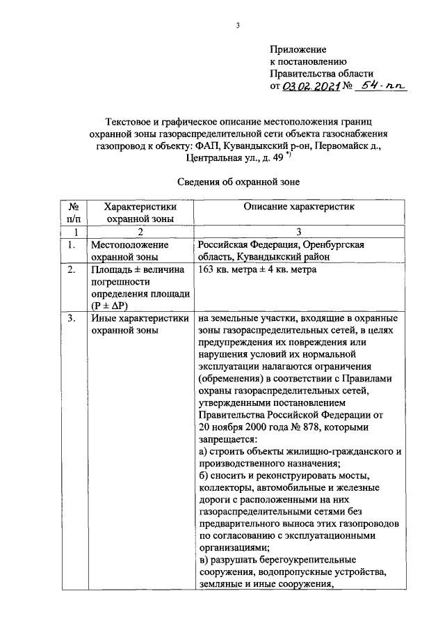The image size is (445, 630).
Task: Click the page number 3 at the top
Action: click(238, 26)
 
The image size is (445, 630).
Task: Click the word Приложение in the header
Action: click(298, 49)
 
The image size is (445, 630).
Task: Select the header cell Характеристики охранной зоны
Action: click(139, 212)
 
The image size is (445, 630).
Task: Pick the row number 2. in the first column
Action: click(72, 270)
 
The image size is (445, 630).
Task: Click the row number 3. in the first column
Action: click(72, 319)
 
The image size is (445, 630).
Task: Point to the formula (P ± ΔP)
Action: click(110, 305)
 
